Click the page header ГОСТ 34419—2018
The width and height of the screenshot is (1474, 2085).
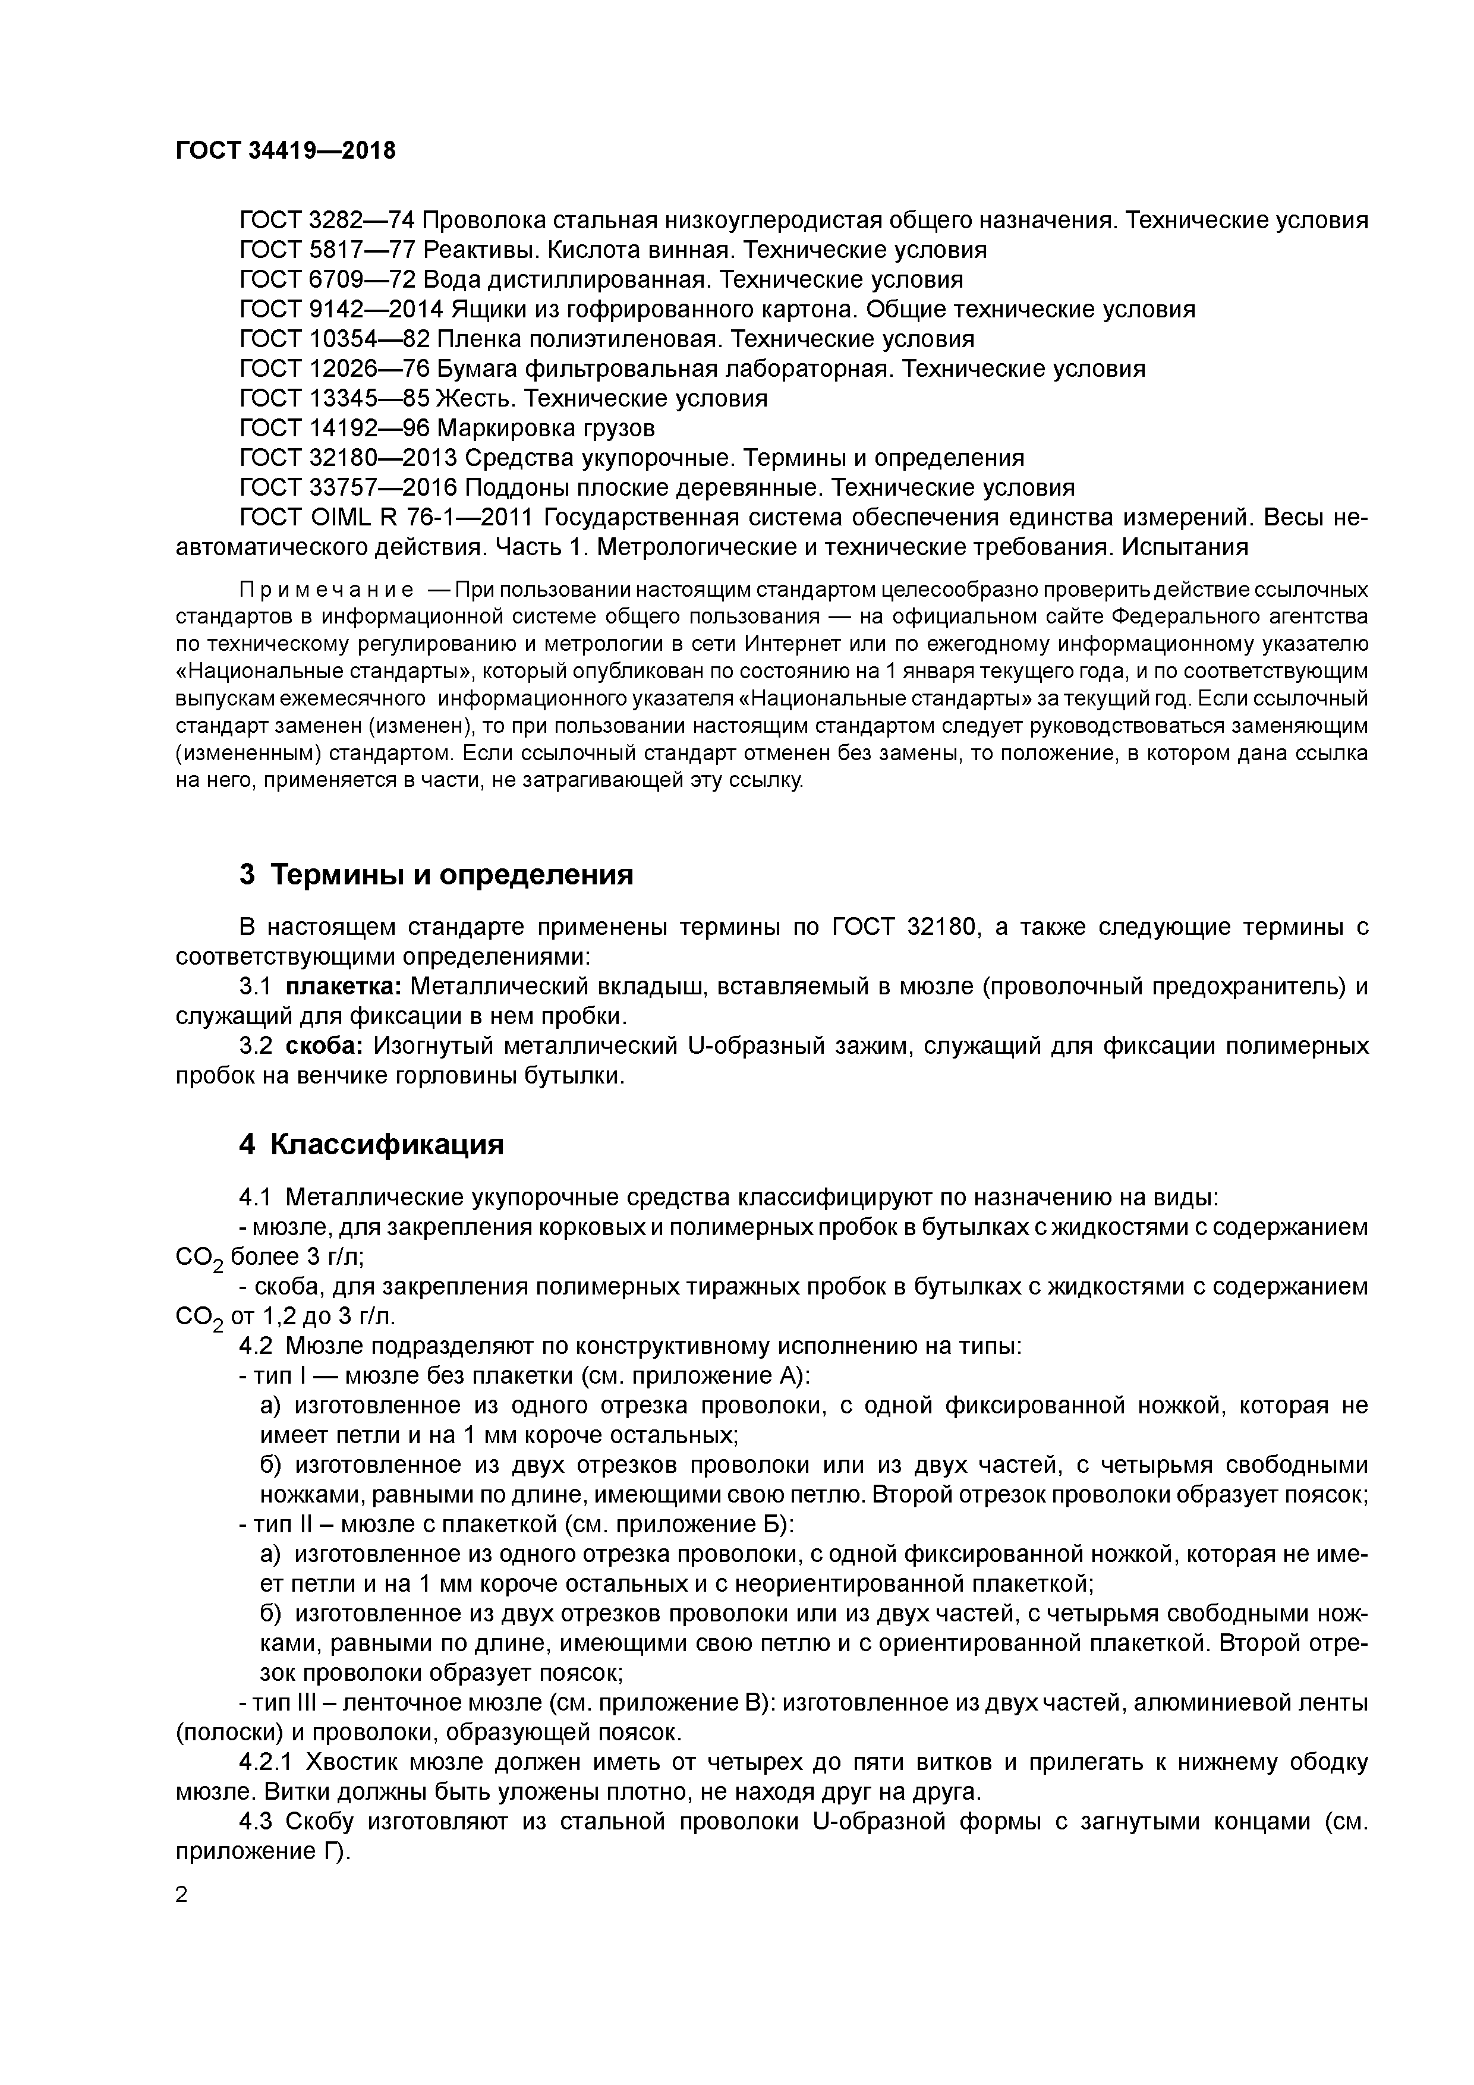coord(285,151)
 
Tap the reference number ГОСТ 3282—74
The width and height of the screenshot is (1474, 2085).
coord(327,221)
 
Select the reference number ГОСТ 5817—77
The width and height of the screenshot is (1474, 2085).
coord(327,250)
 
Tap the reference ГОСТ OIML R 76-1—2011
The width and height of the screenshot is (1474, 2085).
coord(386,518)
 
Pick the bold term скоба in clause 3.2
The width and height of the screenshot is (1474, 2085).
coord(325,1046)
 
